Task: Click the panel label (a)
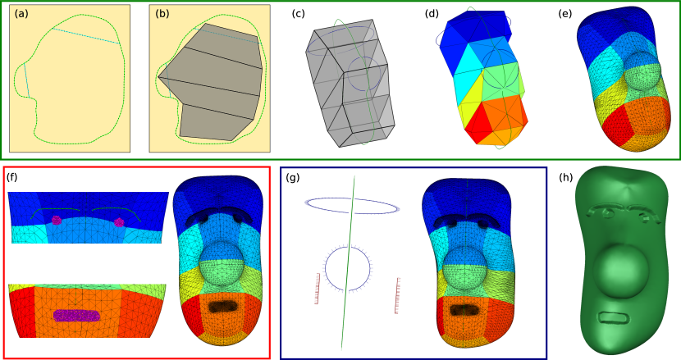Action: point(21,14)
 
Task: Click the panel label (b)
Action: point(162,14)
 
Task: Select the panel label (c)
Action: point(299,14)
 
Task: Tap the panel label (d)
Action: point(432,14)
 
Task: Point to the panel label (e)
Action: point(565,14)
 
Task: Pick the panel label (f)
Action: point(12,177)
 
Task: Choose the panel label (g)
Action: point(293,177)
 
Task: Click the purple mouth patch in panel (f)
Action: point(76,315)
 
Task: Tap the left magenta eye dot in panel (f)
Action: point(57,220)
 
